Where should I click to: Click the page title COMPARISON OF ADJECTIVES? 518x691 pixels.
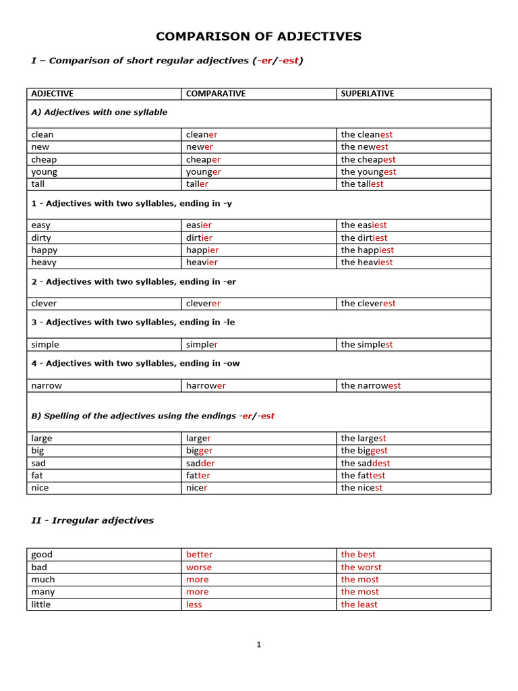point(259,36)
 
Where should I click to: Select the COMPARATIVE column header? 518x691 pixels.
point(215,94)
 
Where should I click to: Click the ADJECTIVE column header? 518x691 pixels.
point(52,94)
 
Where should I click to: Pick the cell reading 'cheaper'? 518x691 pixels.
point(203,159)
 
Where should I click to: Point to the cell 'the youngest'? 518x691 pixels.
point(368,171)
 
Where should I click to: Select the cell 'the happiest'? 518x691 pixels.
point(367,250)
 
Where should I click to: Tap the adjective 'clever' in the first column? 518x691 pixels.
point(44,304)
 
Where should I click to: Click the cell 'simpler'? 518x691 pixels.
point(202,345)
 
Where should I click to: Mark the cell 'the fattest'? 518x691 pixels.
point(363,475)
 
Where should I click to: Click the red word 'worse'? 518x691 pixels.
point(198,568)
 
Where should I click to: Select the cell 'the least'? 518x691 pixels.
point(359,605)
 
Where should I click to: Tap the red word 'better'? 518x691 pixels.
point(199,555)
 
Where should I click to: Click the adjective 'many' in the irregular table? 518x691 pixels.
point(43,592)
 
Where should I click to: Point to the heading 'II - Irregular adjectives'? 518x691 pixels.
point(92,520)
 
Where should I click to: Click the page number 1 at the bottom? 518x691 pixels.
point(258,644)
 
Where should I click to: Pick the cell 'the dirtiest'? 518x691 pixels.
point(364,238)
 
